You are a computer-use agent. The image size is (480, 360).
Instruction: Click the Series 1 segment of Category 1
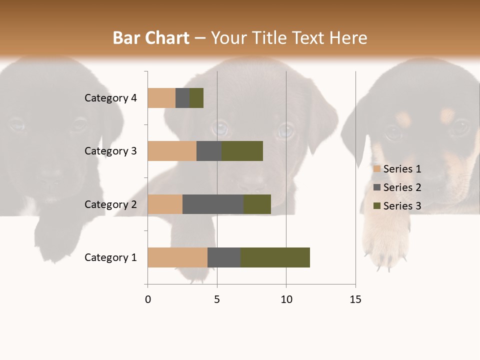pos(177,257)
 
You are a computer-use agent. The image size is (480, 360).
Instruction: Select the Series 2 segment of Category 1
pos(224,257)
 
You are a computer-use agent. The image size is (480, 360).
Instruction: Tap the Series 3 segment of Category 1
pos(275,257)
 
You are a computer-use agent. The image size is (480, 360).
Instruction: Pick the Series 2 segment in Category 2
pos(213,204)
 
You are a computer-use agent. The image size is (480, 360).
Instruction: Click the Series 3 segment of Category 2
pos(257,204)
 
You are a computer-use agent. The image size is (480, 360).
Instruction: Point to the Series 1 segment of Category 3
pos(172,151)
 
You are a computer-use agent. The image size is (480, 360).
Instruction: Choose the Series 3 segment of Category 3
pos(242,151)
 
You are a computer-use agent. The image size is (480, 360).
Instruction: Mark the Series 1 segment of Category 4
pos(161,98)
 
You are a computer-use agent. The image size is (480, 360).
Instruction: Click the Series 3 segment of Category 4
pos(196,98)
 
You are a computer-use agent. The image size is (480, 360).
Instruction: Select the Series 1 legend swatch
pos(377,169)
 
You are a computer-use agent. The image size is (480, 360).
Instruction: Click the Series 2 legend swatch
pos(377,187)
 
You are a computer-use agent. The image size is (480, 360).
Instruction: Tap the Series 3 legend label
pos(402,206)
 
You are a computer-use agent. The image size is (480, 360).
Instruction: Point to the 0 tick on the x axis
pos(148,299)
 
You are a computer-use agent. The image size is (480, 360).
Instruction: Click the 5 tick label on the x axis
pos(217,299)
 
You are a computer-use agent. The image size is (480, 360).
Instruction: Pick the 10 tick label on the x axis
pos(286,299)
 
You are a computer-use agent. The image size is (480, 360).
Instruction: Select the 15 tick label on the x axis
pos(355,299)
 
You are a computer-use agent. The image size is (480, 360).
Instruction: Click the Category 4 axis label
pos(110,98)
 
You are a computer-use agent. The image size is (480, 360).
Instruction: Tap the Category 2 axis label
pos(110,204)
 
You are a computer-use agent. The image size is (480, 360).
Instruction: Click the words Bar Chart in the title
pos(151,38)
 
